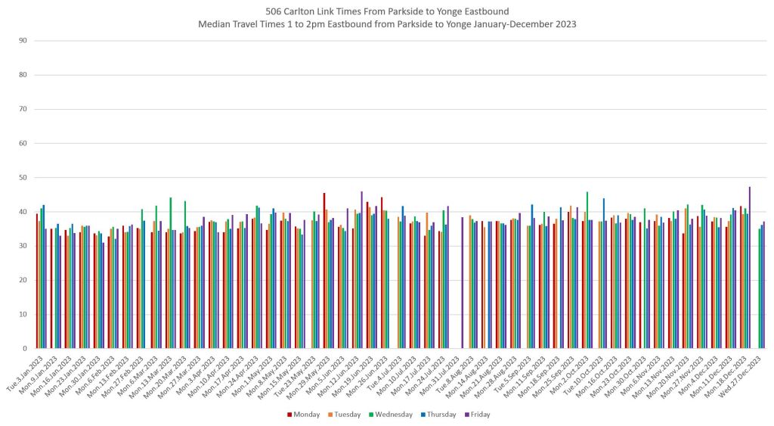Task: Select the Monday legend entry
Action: pos(304,414)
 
